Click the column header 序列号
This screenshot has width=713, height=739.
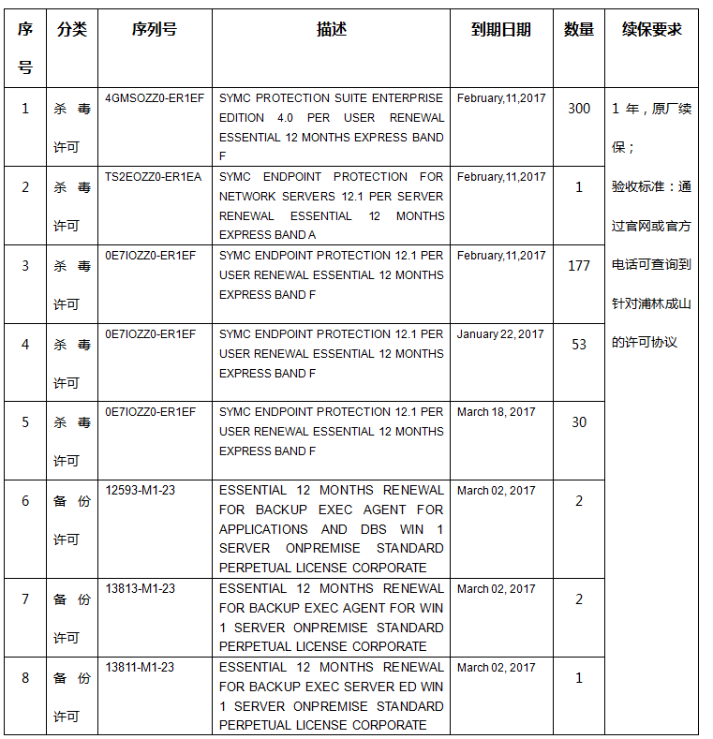click(x=155, y=29)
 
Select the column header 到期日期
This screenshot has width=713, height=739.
click(x=500, y=29)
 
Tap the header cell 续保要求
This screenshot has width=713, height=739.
click(x=651, y=29)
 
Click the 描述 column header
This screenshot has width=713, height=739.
click(x=331, y=29)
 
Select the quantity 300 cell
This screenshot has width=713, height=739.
click(x=579, y=109)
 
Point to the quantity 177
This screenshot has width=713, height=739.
click(x=579, y=266)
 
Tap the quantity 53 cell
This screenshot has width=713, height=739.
click(x=579, y=345)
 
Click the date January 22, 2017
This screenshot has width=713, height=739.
click(x=500, y=334)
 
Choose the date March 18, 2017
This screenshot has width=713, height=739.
click(x=497, y=412)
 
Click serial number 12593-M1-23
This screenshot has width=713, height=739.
click(x=140, y=490)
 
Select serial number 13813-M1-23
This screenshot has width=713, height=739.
click(x=140, y=589)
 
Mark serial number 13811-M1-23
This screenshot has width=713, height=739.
click(x=140, y=668)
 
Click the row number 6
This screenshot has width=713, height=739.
click(x=25, y=501)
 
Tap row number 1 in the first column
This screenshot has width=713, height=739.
click(x=25, y=109)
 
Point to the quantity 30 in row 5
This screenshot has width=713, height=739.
click(x=579, y=422)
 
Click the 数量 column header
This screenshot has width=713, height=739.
click(x=579, y=29)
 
